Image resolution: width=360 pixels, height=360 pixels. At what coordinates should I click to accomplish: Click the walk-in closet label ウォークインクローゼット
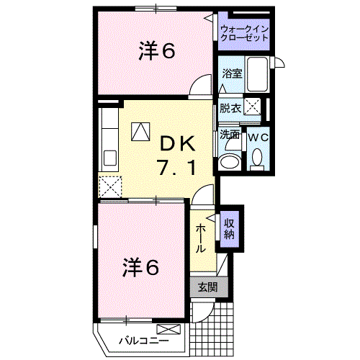[245, 32]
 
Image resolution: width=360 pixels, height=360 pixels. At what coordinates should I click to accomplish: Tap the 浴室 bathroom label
[231, 73]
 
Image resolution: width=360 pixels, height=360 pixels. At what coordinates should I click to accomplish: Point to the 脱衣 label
[230, 109]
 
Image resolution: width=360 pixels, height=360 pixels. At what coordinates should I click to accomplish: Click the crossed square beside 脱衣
[252, 107]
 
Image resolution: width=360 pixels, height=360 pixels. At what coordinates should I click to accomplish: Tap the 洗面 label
[230, 134]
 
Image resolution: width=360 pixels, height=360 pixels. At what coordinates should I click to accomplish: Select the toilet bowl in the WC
[257, 158]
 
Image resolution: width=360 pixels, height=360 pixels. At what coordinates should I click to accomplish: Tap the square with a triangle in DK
[140, 131]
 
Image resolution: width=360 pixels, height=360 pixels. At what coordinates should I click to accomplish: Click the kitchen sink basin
[111, 158]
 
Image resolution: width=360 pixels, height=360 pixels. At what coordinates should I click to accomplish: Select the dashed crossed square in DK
[111, 186]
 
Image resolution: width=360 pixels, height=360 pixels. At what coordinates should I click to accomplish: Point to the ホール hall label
[202, 238]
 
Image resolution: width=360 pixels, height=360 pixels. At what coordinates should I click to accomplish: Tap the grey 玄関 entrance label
[207, 287]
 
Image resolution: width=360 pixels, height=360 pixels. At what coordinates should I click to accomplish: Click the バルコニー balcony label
[143, 340]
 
